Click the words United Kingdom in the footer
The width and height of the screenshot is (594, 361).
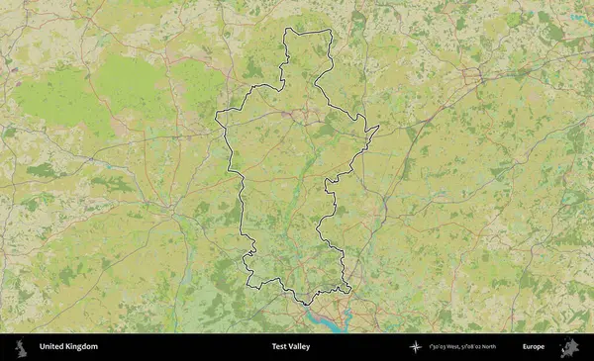click(68, 347)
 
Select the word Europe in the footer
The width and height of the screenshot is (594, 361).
click(534, 347)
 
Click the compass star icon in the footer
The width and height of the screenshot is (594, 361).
click(415, 347)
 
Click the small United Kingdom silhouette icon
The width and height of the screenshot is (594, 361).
click(20, 347)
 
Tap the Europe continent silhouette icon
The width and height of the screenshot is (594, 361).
click(568, 347)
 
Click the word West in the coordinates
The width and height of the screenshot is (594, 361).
click(449, 347)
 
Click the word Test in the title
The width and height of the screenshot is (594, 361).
click(280, 347)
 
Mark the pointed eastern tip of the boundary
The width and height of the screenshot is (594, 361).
click(379, 127)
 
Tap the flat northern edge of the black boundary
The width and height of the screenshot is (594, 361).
click(307, 30)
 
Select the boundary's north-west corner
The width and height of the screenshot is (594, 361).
click(286, 30)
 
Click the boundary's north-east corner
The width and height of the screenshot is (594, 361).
click(330, 32)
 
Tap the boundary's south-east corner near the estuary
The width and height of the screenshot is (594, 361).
click(349, 289)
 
